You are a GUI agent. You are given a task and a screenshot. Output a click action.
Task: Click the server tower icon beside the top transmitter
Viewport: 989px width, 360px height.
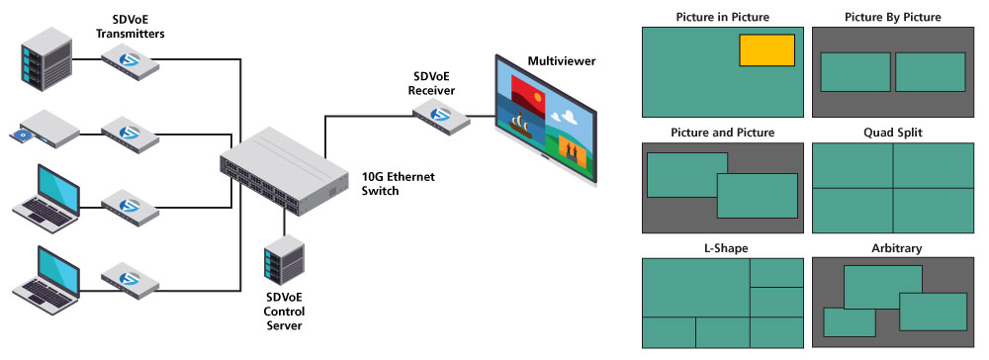[x=45, y=59]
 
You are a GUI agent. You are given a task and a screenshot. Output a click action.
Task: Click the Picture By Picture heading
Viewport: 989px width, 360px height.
[x=893, y=17]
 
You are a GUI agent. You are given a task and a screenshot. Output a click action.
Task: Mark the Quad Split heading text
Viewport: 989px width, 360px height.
[x=893, y=132]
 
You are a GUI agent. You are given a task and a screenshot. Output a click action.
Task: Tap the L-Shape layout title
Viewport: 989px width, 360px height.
[x=722, y=248]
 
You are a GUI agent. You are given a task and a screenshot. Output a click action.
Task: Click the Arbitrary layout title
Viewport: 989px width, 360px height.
[x=893, y=248]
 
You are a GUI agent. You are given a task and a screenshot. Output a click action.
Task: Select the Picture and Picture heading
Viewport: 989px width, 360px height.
[x=722, y=132]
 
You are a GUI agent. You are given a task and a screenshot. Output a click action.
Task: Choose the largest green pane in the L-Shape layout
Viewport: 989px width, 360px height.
[x=695, y=288]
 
